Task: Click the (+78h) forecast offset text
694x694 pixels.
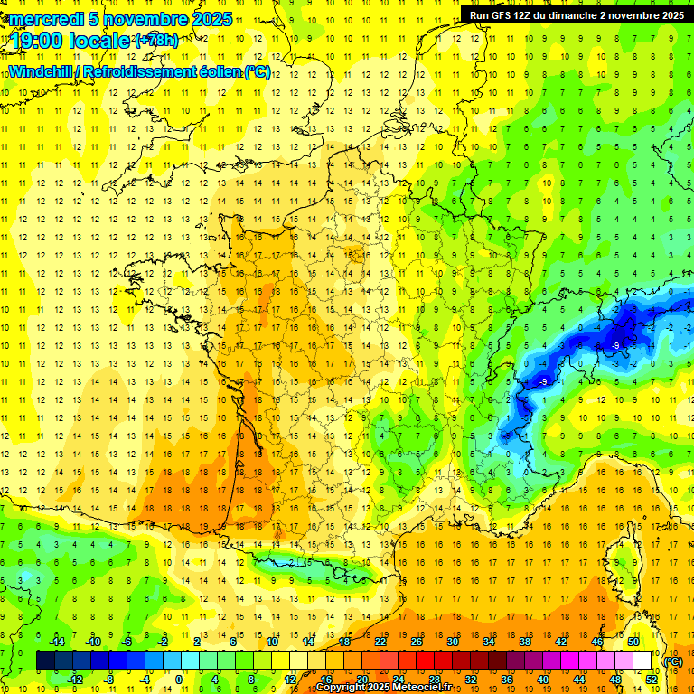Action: point(156,40)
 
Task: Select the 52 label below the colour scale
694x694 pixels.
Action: point(651,679)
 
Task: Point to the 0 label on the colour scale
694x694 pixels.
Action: point(179,679)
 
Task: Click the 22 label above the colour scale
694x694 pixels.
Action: point(380,642)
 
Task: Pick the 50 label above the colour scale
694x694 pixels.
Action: point(633,642)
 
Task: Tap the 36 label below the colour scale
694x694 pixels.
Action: point(506,679)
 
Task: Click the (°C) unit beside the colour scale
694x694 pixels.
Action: point(673,661)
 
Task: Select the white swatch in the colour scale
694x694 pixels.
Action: point(642,661)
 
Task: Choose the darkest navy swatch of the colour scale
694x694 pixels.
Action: point(45,661)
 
